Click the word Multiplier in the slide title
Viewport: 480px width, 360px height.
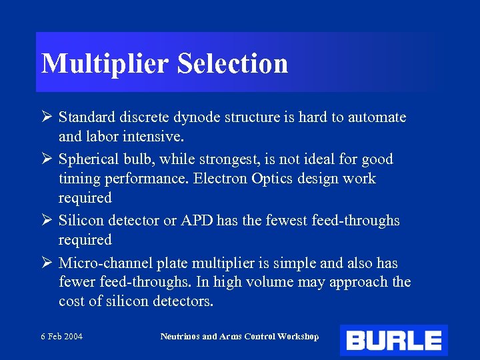(x=106, y=64)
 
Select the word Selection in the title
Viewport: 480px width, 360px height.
(x=233, y=63)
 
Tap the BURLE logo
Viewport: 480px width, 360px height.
(x=393, y=341)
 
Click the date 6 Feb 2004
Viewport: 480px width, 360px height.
(x=61, y=337)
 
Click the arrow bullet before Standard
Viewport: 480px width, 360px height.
(x=47, y=117)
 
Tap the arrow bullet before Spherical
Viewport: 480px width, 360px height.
(x=47, y=159)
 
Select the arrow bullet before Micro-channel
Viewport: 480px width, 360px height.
(x=47, y=263)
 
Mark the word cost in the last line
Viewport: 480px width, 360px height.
(x=71, y=301)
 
